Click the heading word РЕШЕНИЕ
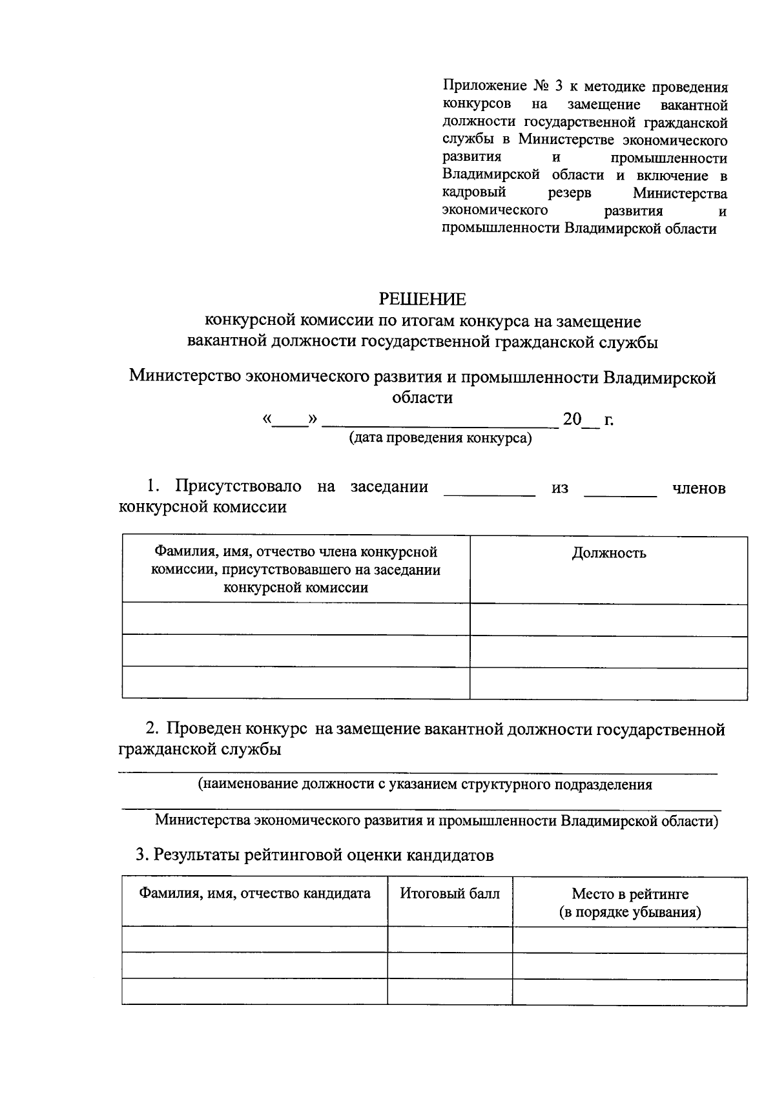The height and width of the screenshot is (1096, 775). (x=422, y=299)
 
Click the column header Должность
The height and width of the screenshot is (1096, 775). (x=608, y=553)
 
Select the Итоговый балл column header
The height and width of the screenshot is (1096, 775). (x=449, y=894)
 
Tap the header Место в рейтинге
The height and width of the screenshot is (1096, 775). (x=630, y=894)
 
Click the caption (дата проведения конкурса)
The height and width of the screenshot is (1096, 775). (x=440, y=439)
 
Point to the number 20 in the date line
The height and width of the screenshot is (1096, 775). (x=572, y=420)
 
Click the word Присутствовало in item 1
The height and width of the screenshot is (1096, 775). (x=238, y=486)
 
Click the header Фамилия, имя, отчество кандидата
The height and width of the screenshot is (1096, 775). (x=255, y=894)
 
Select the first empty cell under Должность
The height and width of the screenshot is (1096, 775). (x=608, y=619)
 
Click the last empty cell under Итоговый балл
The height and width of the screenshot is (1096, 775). (x=449, y=991)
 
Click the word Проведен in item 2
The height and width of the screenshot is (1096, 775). (x=203, y=730)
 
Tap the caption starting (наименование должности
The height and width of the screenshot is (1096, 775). (x=424, y=785)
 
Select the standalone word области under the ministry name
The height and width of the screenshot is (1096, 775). (x=422, y=397)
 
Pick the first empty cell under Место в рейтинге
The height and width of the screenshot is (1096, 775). (x=630, y=940)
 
